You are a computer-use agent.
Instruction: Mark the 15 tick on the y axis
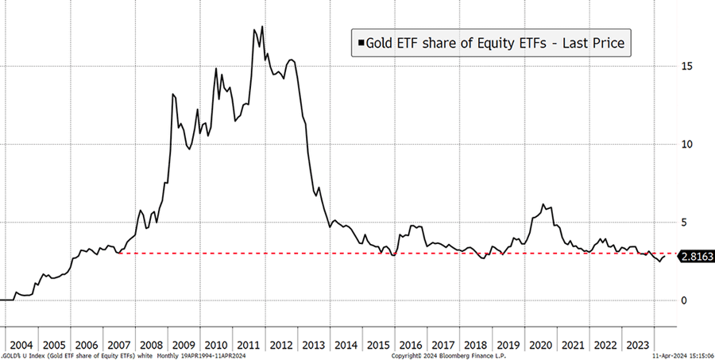pyautogui.click(x=686, y=66)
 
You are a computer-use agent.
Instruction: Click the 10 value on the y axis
pyautogui.click(x=686, y=144)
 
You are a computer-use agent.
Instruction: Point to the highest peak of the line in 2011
pyautogui.click(x=262, y=27)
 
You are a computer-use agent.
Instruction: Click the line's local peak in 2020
pyautogui.click(x=544, y=204)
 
